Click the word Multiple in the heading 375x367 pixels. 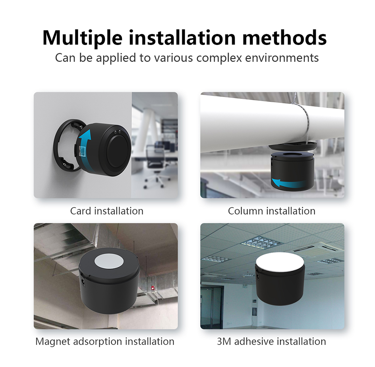pos(82,38)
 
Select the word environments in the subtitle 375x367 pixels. pos(282,58)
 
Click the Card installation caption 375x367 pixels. pos(106,211)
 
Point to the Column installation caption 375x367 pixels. pos(271,211)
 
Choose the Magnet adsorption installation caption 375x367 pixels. pos(105,342)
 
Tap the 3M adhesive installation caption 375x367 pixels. pos(271,342)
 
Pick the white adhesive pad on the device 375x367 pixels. pos(280,261)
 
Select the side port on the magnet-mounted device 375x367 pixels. pos(83,280)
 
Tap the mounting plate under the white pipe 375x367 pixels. pos(293,146)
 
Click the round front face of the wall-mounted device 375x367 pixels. pos(119,151)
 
